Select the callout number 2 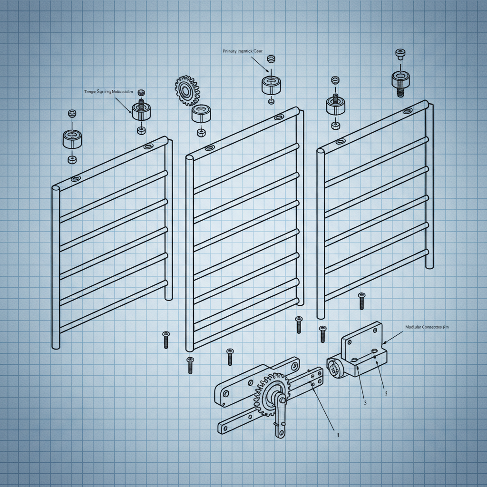coord(386,393)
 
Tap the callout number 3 coord(365,402)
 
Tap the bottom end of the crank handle coord(280,432)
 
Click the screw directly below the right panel coord(361,301)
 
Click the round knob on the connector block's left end coord(334,367)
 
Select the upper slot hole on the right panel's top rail coord(408,111)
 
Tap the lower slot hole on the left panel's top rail coord(75,179)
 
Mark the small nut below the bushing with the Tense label coord(141,130)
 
